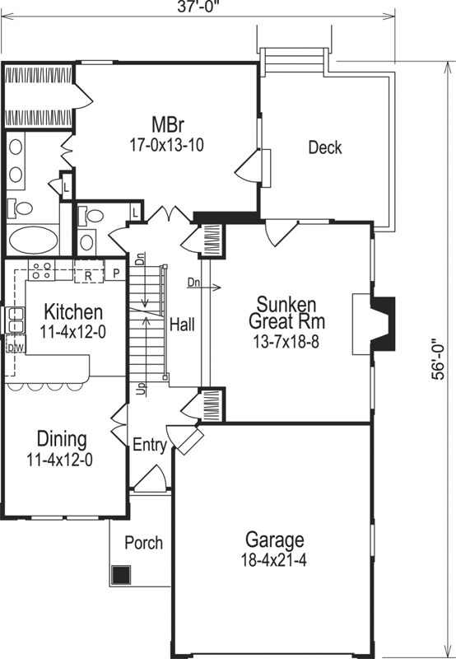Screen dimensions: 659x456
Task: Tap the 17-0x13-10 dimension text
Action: click(166, 144)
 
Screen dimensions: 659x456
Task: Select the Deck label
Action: click(324, 148)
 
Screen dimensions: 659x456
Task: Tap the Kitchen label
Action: click(73, 312)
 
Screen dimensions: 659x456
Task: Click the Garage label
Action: click(275, 540)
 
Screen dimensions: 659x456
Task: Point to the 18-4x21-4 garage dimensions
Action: click(275, 559)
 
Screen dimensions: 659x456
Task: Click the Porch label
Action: click(143, 544)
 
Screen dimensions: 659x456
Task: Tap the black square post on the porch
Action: click(122, 574)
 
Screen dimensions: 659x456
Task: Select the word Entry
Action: click(150, 446)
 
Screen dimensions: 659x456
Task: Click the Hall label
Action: click(182, 325)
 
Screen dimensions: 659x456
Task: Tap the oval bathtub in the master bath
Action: click(35, 241)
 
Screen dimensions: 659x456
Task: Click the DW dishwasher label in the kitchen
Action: click(14, 348)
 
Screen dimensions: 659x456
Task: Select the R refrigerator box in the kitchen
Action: click(87, 275)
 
